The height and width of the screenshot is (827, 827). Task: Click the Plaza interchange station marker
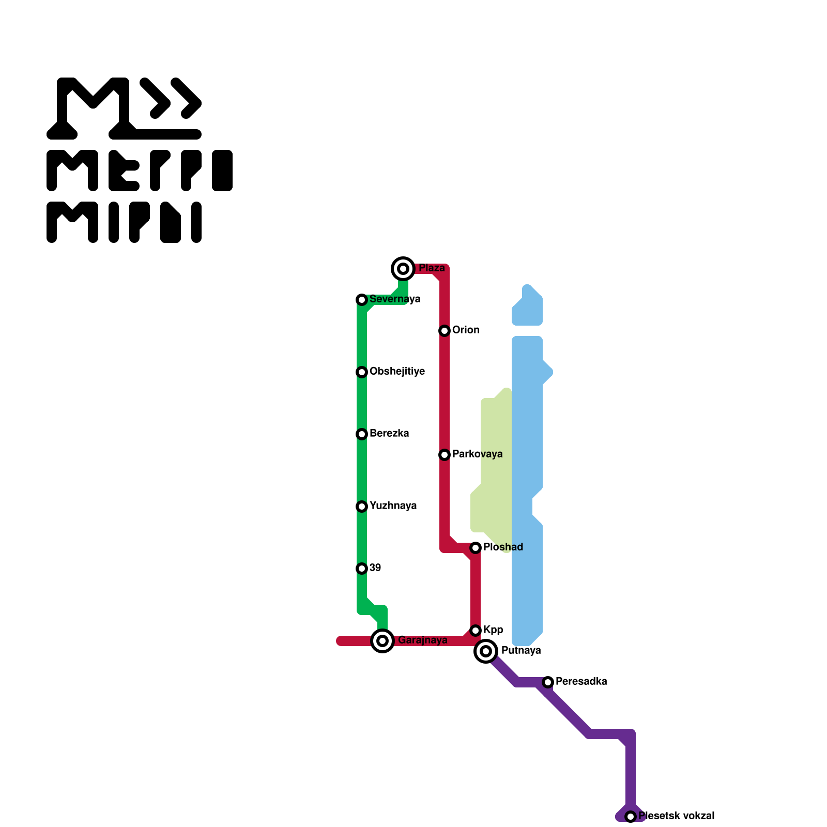point(403,268)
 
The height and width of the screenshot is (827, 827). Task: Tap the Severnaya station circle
point(362,300)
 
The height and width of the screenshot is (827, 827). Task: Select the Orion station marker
point(445,331)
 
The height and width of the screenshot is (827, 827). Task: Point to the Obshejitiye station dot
point(362,372)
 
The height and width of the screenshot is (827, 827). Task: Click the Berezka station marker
point(362,434)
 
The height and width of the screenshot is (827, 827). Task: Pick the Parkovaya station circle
point(445,455)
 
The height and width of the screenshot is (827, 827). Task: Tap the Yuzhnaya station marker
point(362,507)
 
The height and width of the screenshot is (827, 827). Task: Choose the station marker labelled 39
point(362,569)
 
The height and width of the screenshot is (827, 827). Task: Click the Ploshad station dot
point(476,548)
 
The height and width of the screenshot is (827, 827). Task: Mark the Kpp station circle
point(476,631)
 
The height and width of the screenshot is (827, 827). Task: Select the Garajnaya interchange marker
point(382,641)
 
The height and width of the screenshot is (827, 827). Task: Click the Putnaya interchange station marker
point(486,651)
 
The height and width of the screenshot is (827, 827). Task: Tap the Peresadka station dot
point(548,682)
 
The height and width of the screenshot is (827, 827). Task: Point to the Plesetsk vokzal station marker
point(631,817)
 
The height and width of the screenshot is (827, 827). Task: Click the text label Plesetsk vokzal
point(676,816)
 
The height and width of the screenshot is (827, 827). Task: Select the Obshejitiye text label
point(397,371)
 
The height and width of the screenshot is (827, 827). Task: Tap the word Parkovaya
point(477,454)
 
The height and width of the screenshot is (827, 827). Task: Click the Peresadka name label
point(581,681)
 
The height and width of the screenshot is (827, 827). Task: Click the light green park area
point(495,465)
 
